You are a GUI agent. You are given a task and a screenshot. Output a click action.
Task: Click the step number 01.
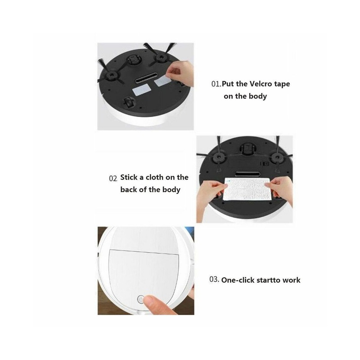pos(216,84)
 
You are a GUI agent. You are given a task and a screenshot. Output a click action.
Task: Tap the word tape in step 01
pos(282,85)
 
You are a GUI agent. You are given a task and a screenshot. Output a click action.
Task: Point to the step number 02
pos(113,178)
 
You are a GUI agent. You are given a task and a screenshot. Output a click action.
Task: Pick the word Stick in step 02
pos(129,177)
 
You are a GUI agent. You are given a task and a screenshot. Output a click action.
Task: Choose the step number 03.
pos(214,279)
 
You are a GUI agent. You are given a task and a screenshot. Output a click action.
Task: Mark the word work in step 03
pos(291,280)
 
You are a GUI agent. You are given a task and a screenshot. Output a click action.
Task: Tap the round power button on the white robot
pos(140,299)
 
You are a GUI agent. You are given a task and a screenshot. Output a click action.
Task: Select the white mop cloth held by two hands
pos(245,189)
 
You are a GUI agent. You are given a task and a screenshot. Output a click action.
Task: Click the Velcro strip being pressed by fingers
pos(162,81)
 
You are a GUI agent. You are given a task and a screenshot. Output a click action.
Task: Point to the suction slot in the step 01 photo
pos(146,78)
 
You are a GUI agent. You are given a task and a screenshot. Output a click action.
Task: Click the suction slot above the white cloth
pos(247,174)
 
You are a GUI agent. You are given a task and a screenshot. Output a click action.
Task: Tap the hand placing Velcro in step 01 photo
pos(181,72)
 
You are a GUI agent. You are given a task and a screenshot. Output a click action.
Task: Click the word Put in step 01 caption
pos(228,84)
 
